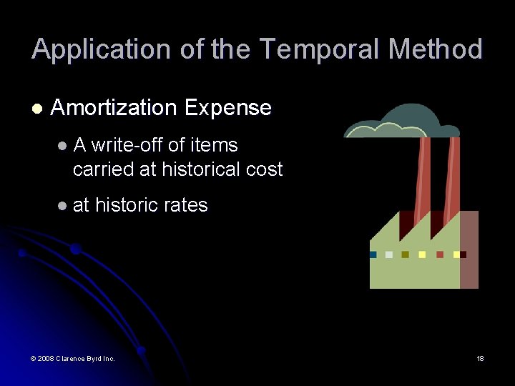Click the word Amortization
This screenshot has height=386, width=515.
tap(114, 108)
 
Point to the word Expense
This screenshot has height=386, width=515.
tap(227, 108)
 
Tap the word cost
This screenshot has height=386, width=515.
tap(264, 169)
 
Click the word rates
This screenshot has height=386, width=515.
tap(185, 205)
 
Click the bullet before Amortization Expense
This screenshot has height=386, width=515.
tap(37, 109)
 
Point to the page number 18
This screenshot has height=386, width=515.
tap(480, 358)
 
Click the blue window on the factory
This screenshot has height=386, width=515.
tap(373, 254)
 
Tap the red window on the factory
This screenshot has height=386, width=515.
tap(440, 254)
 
